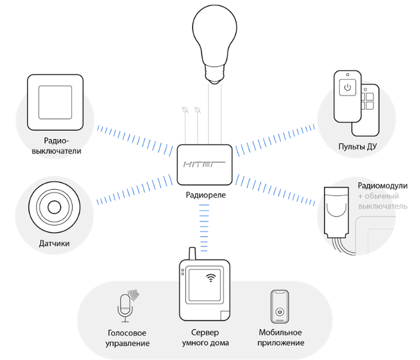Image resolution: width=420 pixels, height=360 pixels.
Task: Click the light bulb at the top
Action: pos(215,36)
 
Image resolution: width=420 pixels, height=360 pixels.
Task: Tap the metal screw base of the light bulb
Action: pos(215,76)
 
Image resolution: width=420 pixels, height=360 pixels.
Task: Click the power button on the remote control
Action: pos(347,88)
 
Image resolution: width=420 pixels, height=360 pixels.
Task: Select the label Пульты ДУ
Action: pos(358,148)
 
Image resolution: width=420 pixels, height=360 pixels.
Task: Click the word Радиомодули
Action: pos(382,186)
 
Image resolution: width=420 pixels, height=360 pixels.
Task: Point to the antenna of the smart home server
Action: pos(191,255)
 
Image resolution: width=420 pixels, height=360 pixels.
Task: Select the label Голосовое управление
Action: pos(127,338)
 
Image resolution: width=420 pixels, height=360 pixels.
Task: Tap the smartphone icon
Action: pos(279,307)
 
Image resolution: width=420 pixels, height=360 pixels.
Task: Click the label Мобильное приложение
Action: pos(281,338)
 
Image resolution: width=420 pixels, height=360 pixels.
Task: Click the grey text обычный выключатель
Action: pos(384,202)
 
